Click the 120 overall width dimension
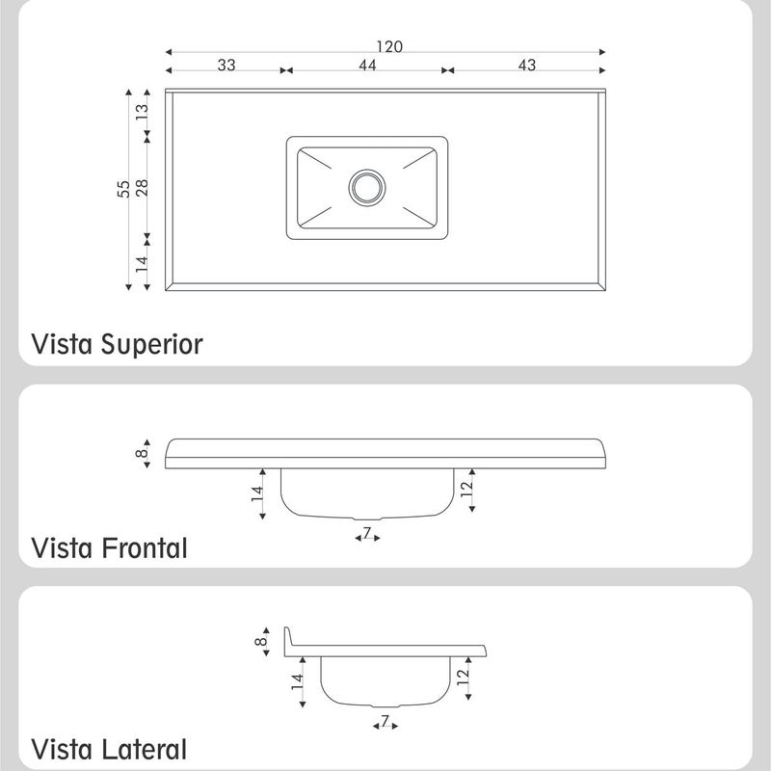389,46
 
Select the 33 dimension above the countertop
226,65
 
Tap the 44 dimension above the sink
367,65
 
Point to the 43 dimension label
526,65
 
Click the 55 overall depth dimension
123,189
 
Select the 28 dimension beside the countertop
142,188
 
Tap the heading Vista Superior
117,345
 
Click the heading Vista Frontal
109,547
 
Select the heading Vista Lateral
109,750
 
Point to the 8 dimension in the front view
141,453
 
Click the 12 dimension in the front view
466,489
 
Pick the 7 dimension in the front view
367,532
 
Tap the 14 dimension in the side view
297,682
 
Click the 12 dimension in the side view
464,678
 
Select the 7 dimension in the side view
385,720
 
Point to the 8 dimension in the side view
260,641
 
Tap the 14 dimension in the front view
257,493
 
